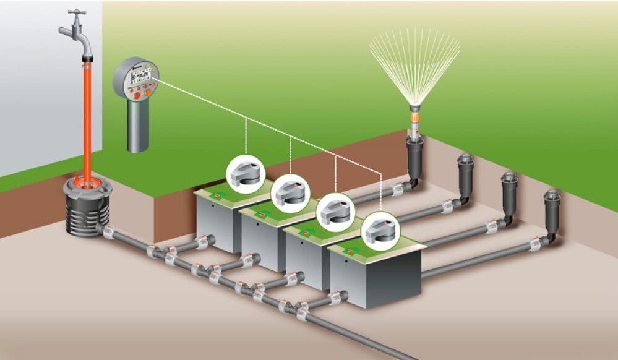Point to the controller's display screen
coord(137,77)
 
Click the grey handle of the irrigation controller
coord(138,127)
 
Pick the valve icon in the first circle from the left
coord(245,174)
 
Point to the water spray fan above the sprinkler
coord(414,62)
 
